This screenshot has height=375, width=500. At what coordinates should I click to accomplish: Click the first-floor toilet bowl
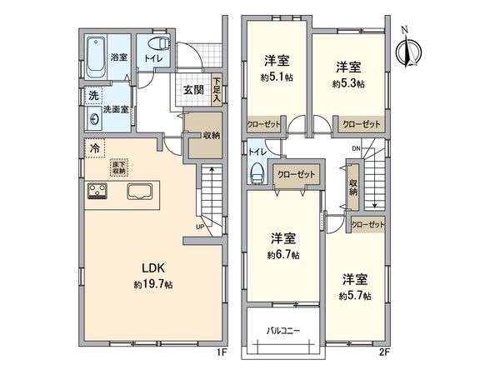point(156,44)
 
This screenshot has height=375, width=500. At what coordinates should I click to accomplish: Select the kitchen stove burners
point(97,192)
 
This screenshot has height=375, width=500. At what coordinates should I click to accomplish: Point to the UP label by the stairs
point(200,227)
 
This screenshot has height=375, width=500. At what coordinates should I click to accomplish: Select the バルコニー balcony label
point(283,331)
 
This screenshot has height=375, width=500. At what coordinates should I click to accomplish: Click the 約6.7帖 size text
point(283,254)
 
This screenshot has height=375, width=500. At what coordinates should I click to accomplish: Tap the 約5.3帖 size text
point(349,84)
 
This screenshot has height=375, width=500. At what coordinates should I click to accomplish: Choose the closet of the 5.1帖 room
point(265,124)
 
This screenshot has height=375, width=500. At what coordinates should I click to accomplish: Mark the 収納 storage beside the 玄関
point(204,136)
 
